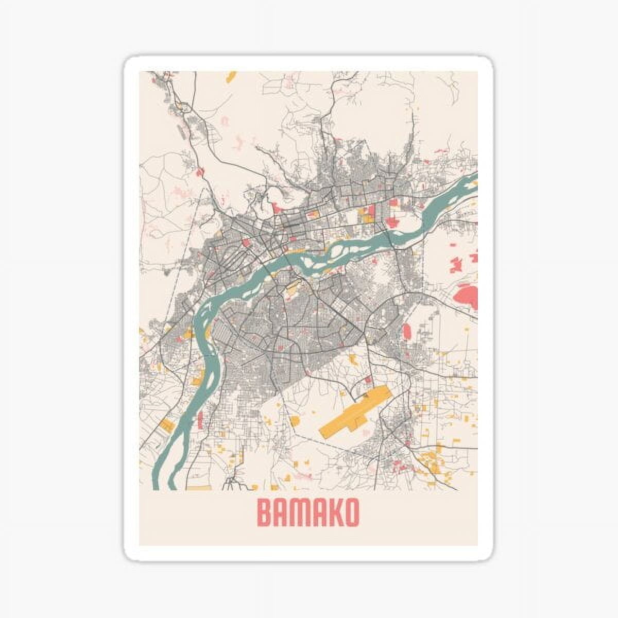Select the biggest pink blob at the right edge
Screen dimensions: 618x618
(466, 296)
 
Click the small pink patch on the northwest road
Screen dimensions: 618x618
(199, 170)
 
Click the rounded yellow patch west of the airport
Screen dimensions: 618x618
(295, 421)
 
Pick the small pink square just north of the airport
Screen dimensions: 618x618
(368, 380)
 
